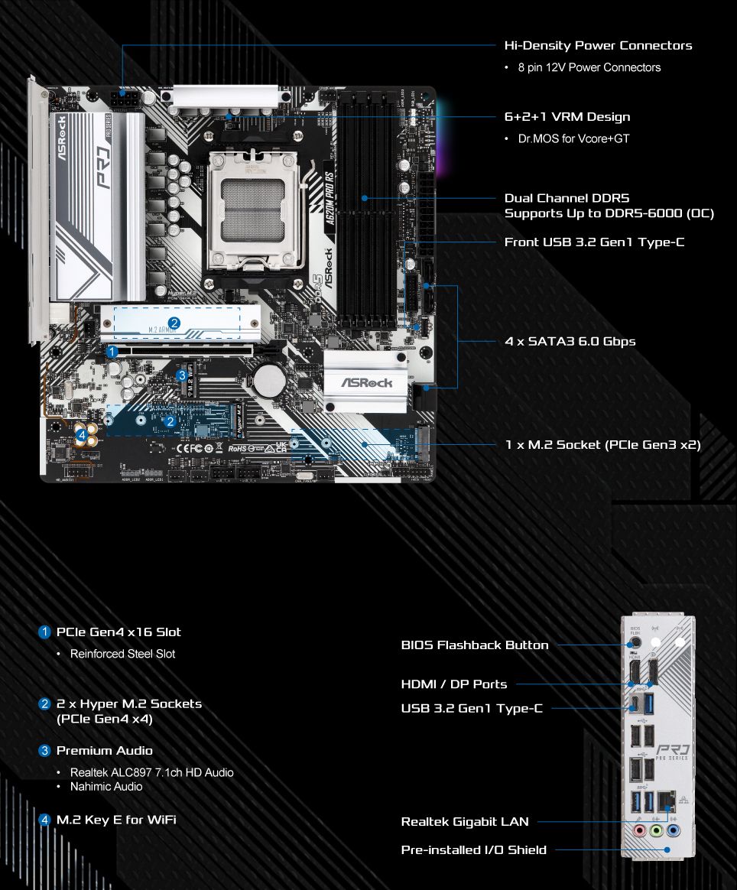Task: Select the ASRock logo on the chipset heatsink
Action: pos(366,382)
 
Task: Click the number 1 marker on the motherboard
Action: pos(112,352)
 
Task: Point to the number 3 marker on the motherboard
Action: pos(181,375)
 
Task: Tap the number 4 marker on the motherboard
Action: pos(81,435)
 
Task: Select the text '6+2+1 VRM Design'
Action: pos(567,117)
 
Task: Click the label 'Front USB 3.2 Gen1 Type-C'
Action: pos(594,242)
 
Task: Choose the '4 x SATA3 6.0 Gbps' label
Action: pos(570,341)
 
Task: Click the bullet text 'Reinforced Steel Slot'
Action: pos(122,654)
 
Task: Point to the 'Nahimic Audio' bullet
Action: pos(106,786)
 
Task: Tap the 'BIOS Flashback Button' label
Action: pos(475,645)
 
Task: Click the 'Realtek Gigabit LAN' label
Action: pos(465,822)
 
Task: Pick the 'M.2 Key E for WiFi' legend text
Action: pos(116,820)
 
